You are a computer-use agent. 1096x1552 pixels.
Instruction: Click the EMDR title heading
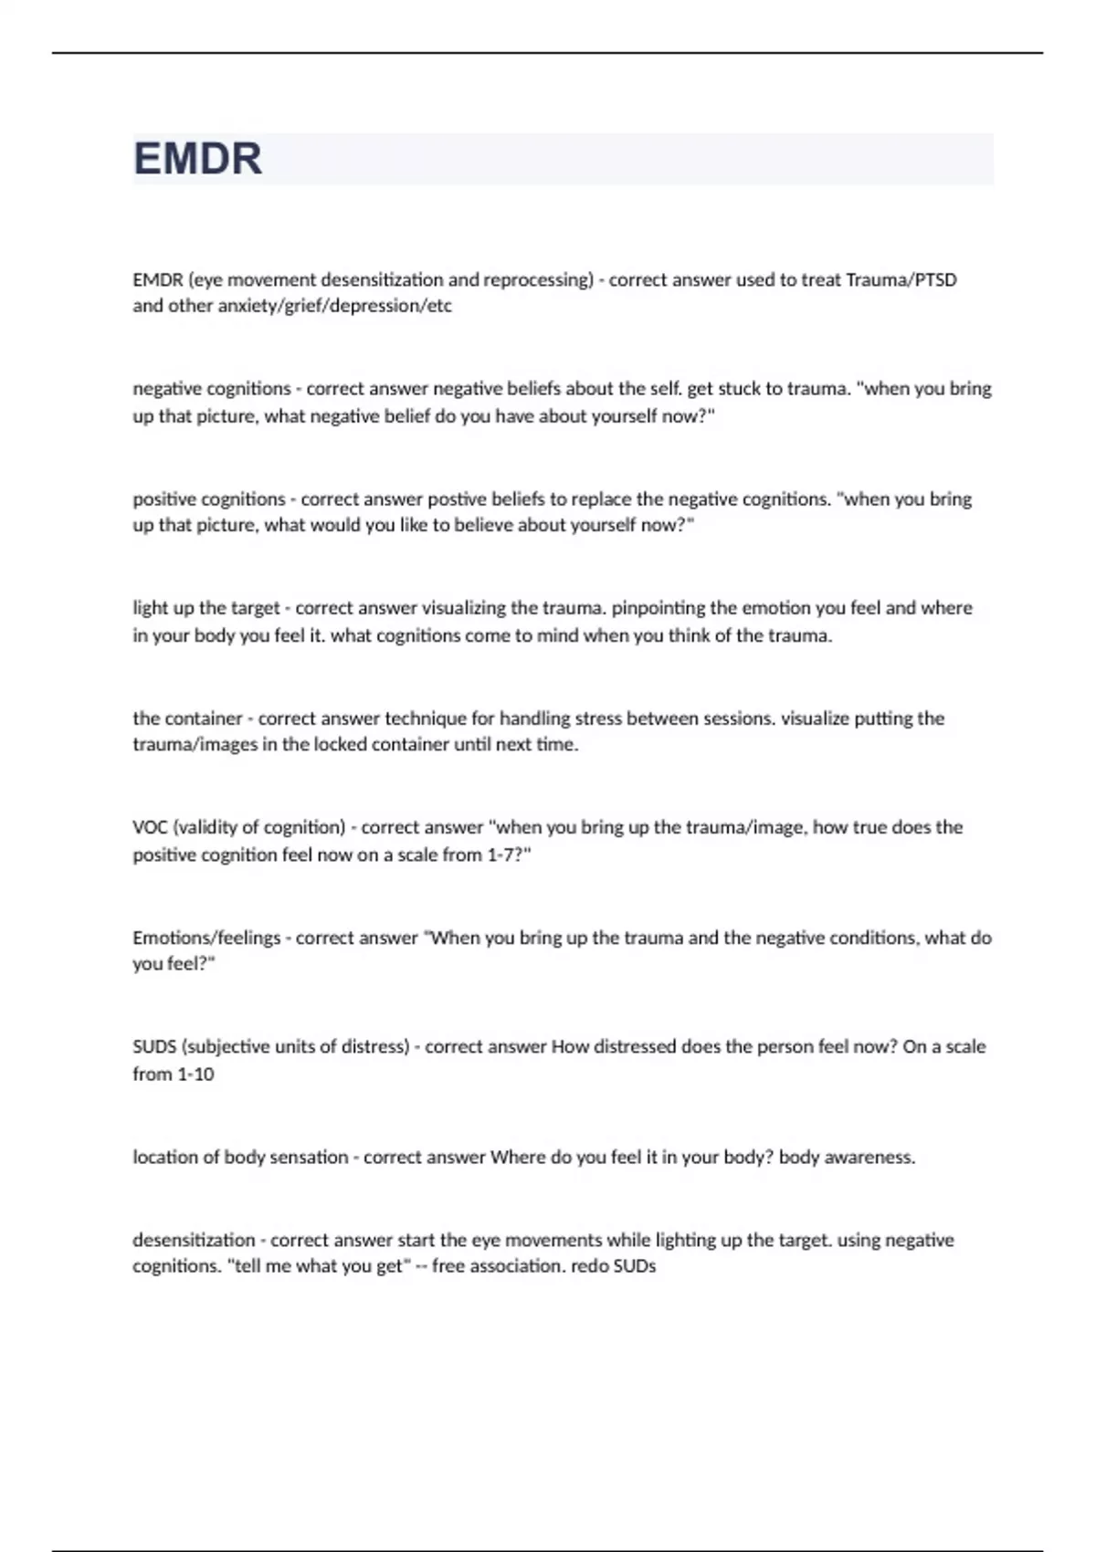tap(197, 159)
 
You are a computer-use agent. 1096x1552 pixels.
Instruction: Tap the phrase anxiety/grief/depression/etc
tap(334, 306)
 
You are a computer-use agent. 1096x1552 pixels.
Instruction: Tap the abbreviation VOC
tap(150, 827)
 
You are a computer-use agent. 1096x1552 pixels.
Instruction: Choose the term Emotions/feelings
tap(206, 938)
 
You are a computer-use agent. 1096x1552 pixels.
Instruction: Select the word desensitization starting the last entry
tap(194, 1240)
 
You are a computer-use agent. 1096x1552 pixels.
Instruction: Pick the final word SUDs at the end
tap(635, 1266)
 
